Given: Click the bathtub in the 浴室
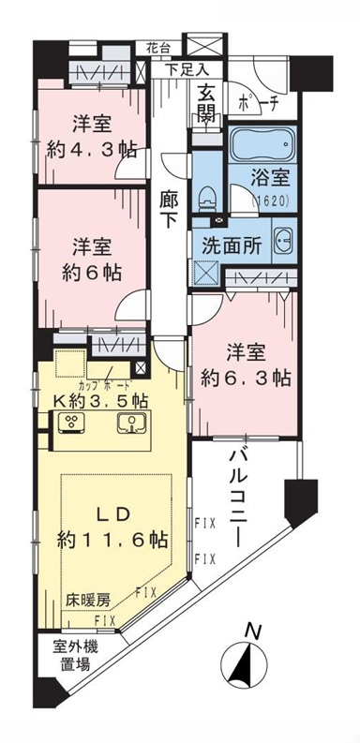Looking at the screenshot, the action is point(262,143).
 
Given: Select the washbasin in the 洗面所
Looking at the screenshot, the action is point(284,240).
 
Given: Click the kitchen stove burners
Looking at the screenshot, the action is point(71,423).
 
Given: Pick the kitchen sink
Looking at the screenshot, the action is point(130,423).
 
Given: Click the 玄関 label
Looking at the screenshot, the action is point(208,104).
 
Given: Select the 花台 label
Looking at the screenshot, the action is point(157,49).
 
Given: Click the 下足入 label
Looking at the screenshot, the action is point(187,69).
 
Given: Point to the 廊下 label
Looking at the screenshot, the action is point(170,212).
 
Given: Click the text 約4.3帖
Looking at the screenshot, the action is point(92,150).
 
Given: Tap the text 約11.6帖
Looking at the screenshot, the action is point(112,540).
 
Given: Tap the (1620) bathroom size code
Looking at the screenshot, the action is point(268,201).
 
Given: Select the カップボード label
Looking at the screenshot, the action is point(105,384).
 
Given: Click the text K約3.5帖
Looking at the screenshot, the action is point(100,401).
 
